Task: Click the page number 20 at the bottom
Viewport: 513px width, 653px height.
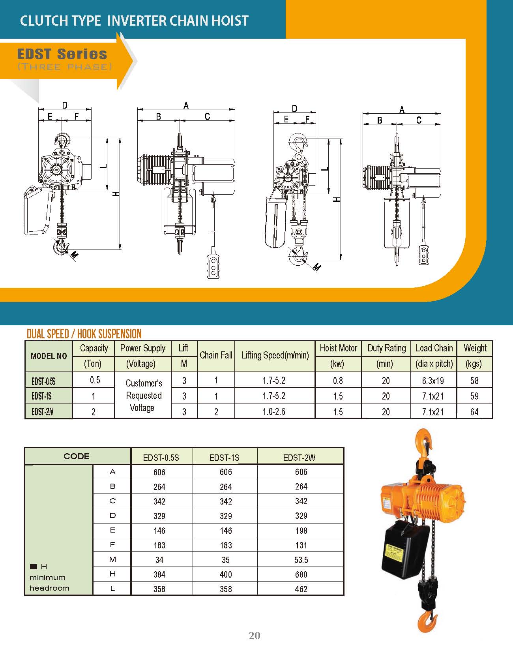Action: click(x=255, y=635)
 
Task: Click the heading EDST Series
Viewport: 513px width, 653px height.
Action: click(x=62, y=54)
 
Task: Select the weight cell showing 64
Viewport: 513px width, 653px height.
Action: click(x=474, y=412)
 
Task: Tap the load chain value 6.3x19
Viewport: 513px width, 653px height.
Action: click(x=433, y=381)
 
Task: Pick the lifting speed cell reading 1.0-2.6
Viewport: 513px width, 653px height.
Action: click(x=274, y=412)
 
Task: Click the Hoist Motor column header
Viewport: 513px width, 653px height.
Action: click(x=338, y=348)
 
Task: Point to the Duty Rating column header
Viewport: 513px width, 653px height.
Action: click(x=387, y=348)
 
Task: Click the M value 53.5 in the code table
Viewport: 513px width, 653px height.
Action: click(x=301, y=560)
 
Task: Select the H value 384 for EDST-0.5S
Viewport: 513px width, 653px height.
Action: click(x=159, y=574)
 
